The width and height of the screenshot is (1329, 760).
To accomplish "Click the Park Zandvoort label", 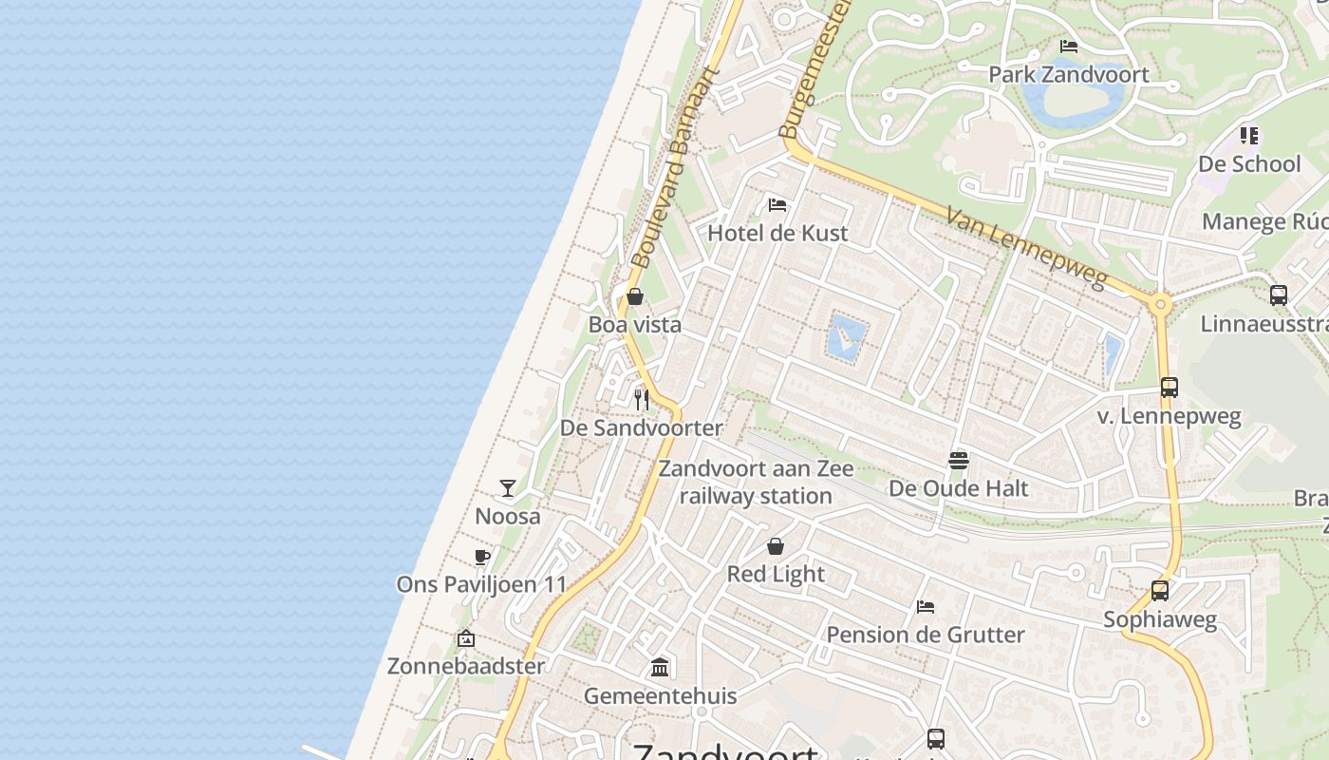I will coord(1068,74).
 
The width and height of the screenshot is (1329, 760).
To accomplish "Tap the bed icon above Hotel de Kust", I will coord(777,205).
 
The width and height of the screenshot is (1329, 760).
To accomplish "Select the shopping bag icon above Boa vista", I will coord(635,296).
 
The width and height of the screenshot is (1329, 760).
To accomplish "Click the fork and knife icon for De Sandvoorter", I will coord(642,399).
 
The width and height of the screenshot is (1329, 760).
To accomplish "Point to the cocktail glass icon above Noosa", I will coord(508,488).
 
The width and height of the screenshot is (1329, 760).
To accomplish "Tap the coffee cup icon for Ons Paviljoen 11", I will coord(482,557).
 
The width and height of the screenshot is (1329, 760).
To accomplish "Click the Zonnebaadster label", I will coord(465,665).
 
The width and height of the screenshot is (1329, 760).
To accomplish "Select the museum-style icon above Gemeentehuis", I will coord(660,668).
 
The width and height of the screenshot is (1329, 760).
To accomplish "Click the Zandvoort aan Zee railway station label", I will coord(756,482).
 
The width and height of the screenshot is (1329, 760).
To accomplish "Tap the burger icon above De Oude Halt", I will coord(958,461).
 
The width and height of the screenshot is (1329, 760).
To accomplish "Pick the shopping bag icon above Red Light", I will coord(776,546).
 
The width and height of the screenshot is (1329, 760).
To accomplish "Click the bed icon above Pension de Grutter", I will coord(926,607).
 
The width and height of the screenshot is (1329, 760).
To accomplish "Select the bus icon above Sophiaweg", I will coord(1159,591).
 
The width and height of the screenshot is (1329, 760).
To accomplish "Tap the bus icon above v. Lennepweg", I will coord(1169,388).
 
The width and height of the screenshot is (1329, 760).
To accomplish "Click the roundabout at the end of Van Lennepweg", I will coord(1159,305).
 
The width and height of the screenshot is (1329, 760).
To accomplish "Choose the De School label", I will coord(1248,163).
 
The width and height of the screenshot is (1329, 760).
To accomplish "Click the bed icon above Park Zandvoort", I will coord(1068,46).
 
